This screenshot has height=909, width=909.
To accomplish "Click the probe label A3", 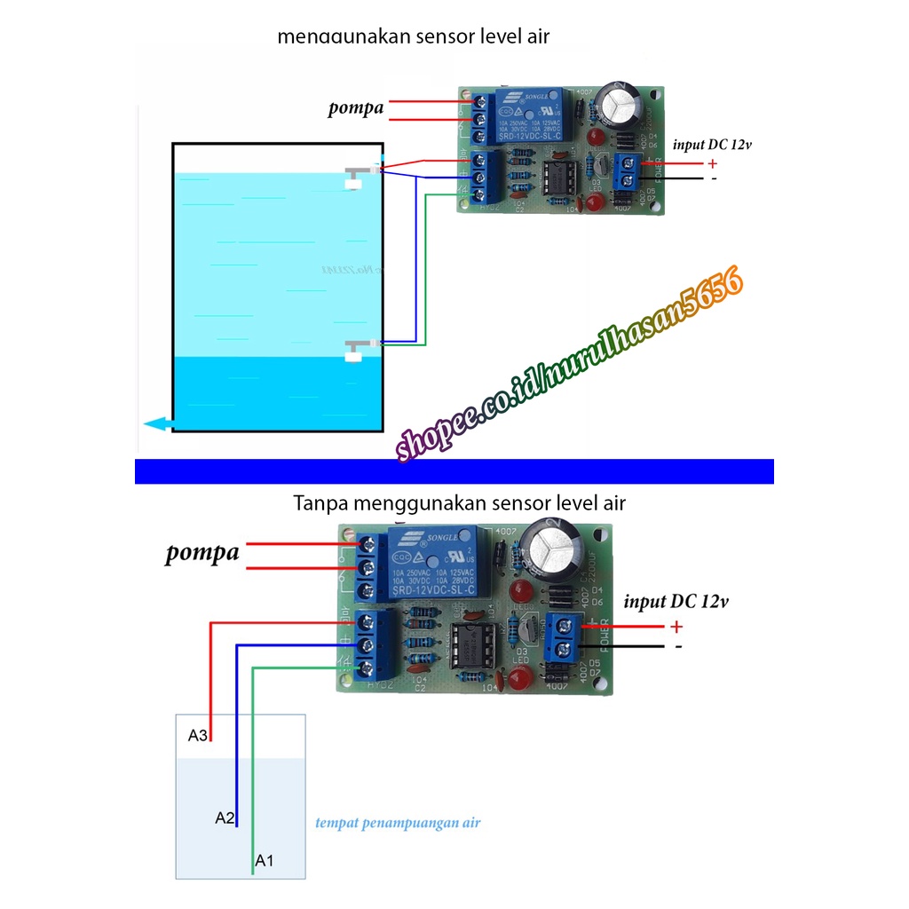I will tap(197, 735).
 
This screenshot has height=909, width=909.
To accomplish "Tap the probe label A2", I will tap(225, 818).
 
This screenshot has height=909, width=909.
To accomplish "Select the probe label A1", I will tap(265, 860).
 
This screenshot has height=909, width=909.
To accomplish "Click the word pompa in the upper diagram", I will tap(356, 108).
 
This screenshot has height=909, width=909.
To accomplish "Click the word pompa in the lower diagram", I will tap(202, 553).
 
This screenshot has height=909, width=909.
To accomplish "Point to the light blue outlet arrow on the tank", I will tap(157, 424).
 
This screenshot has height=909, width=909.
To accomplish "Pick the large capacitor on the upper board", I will tap(619, 104).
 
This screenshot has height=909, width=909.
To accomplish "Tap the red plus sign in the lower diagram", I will tap(676, 627).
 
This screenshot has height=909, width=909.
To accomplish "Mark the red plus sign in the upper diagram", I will tap(711, 163).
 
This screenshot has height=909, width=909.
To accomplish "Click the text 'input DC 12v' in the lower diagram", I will tap(676, 602).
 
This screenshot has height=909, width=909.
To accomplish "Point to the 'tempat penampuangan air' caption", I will tap(398, 823).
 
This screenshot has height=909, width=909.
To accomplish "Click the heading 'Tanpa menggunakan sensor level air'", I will tap(459, 503).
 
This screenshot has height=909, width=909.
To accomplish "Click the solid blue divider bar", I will tap(454, 470).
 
